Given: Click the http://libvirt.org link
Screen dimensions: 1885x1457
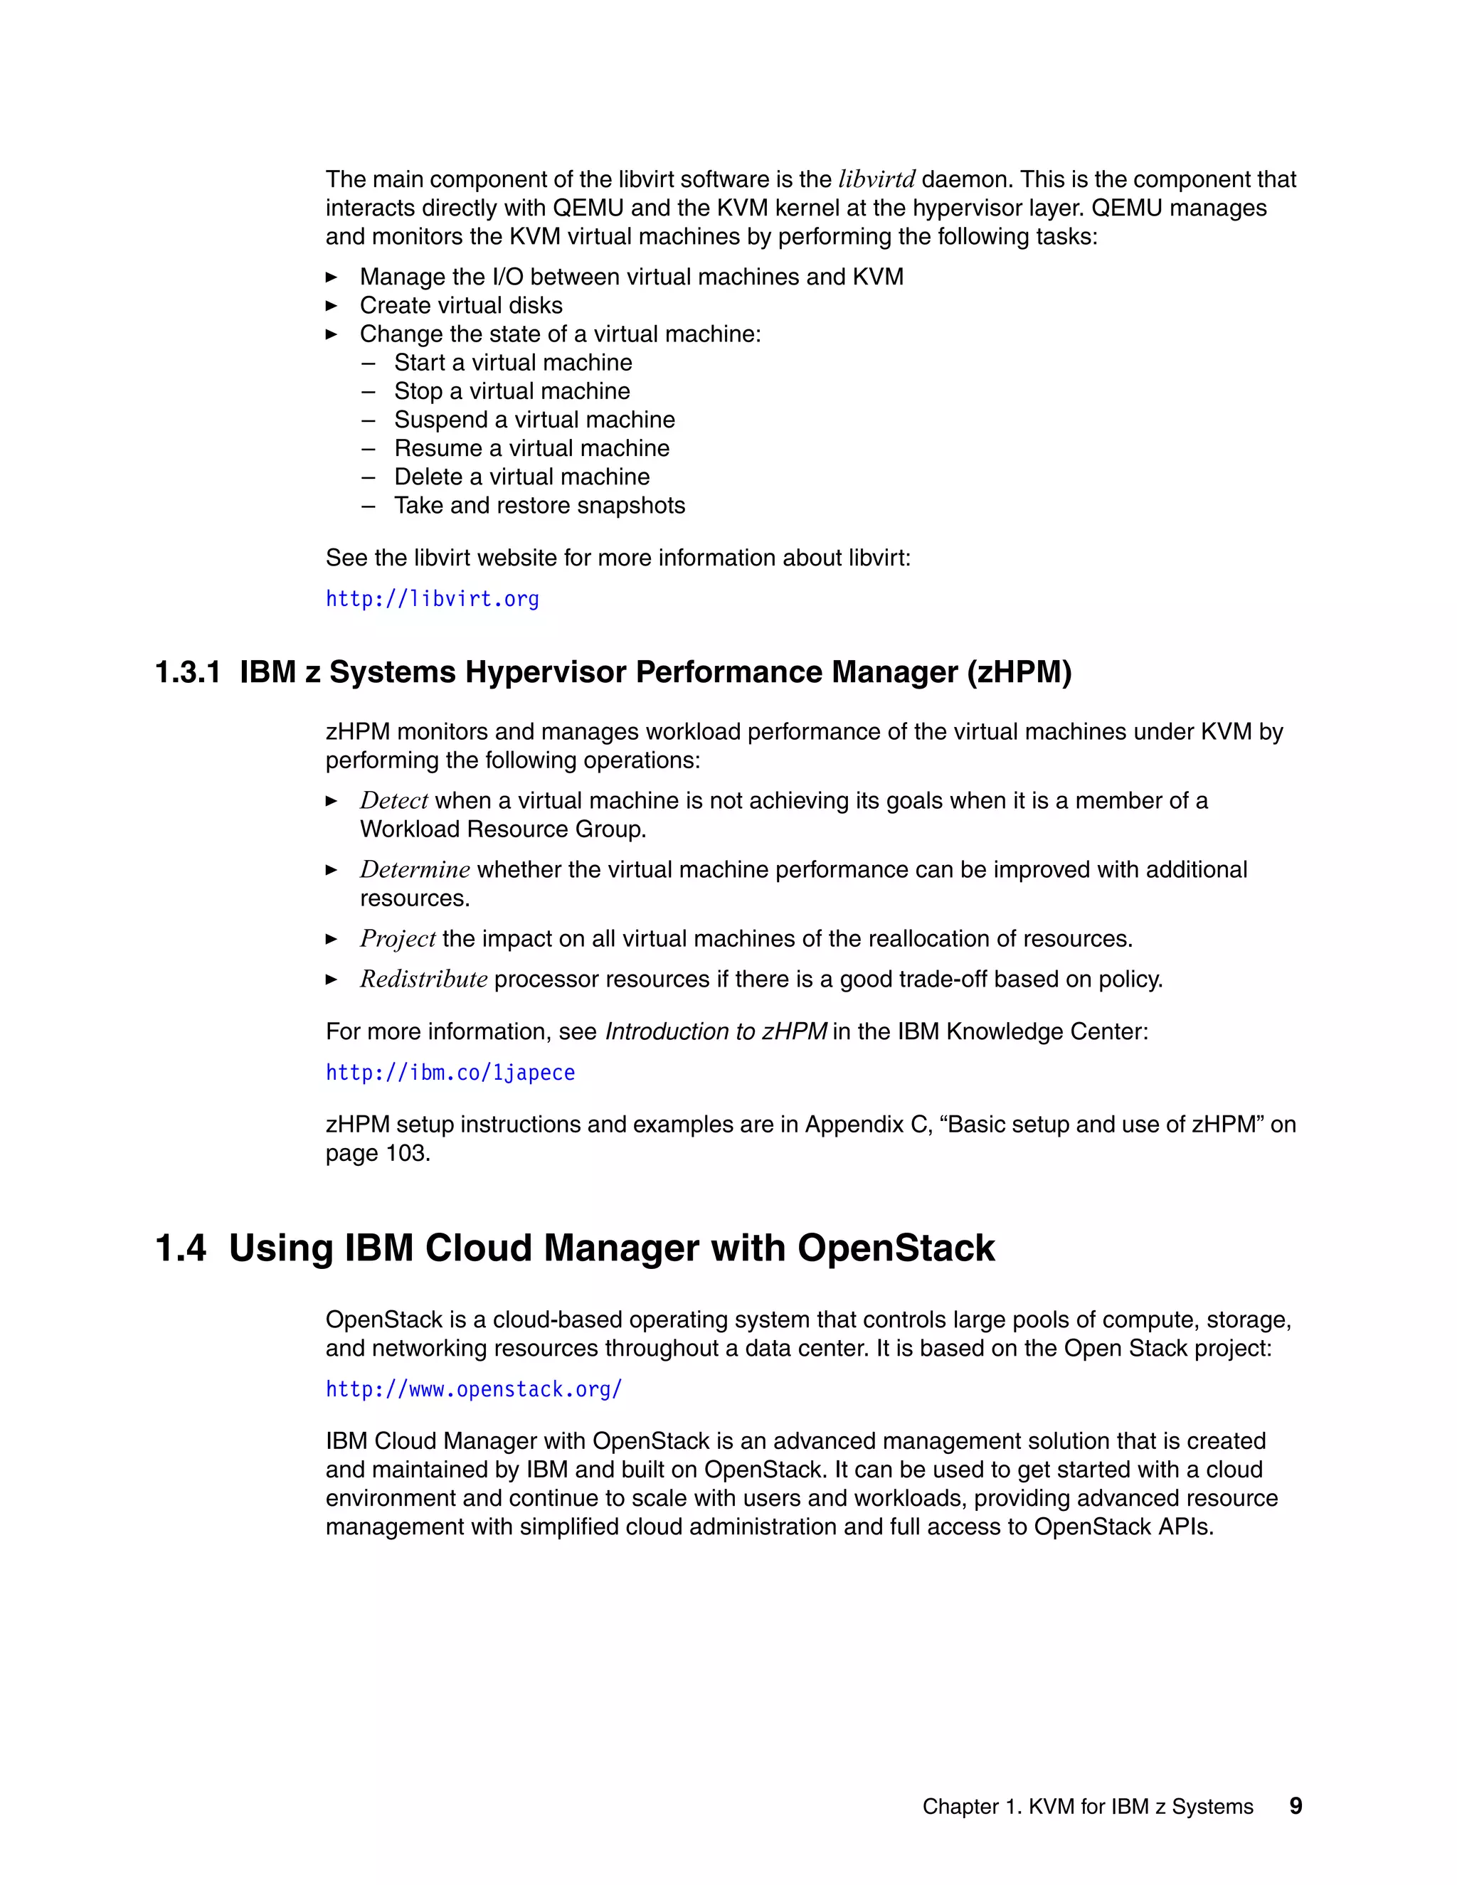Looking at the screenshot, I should [432, 599].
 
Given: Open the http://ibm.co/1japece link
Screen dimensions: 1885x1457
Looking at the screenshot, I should [450, 1073].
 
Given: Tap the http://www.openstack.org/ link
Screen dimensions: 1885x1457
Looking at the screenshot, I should [474, 1390].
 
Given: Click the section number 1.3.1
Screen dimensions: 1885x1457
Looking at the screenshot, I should [187, 672].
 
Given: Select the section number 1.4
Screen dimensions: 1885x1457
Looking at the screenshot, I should [181, 1249].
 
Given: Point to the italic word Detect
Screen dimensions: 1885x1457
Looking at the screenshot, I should [393, 801].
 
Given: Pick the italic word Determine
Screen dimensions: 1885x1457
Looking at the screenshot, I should [414, 870].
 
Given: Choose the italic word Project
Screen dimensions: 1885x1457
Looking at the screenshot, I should [397, 939].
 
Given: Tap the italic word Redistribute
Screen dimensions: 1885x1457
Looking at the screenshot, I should [423, 979].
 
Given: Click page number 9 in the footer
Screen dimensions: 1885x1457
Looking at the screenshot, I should [1295, 1805].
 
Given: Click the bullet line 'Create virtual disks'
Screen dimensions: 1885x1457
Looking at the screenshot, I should [461, 306].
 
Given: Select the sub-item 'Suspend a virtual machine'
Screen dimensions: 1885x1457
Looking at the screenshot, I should [534, 420].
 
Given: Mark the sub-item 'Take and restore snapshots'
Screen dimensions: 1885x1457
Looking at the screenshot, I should [539, 506].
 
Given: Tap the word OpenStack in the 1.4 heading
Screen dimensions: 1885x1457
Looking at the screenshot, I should [895, 1249].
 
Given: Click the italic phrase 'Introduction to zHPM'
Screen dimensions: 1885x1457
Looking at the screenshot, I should [716, 1032].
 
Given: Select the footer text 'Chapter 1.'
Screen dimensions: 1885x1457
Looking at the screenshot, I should [972, 1807].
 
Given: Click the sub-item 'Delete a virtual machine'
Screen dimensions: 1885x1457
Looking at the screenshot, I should [521, 477].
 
